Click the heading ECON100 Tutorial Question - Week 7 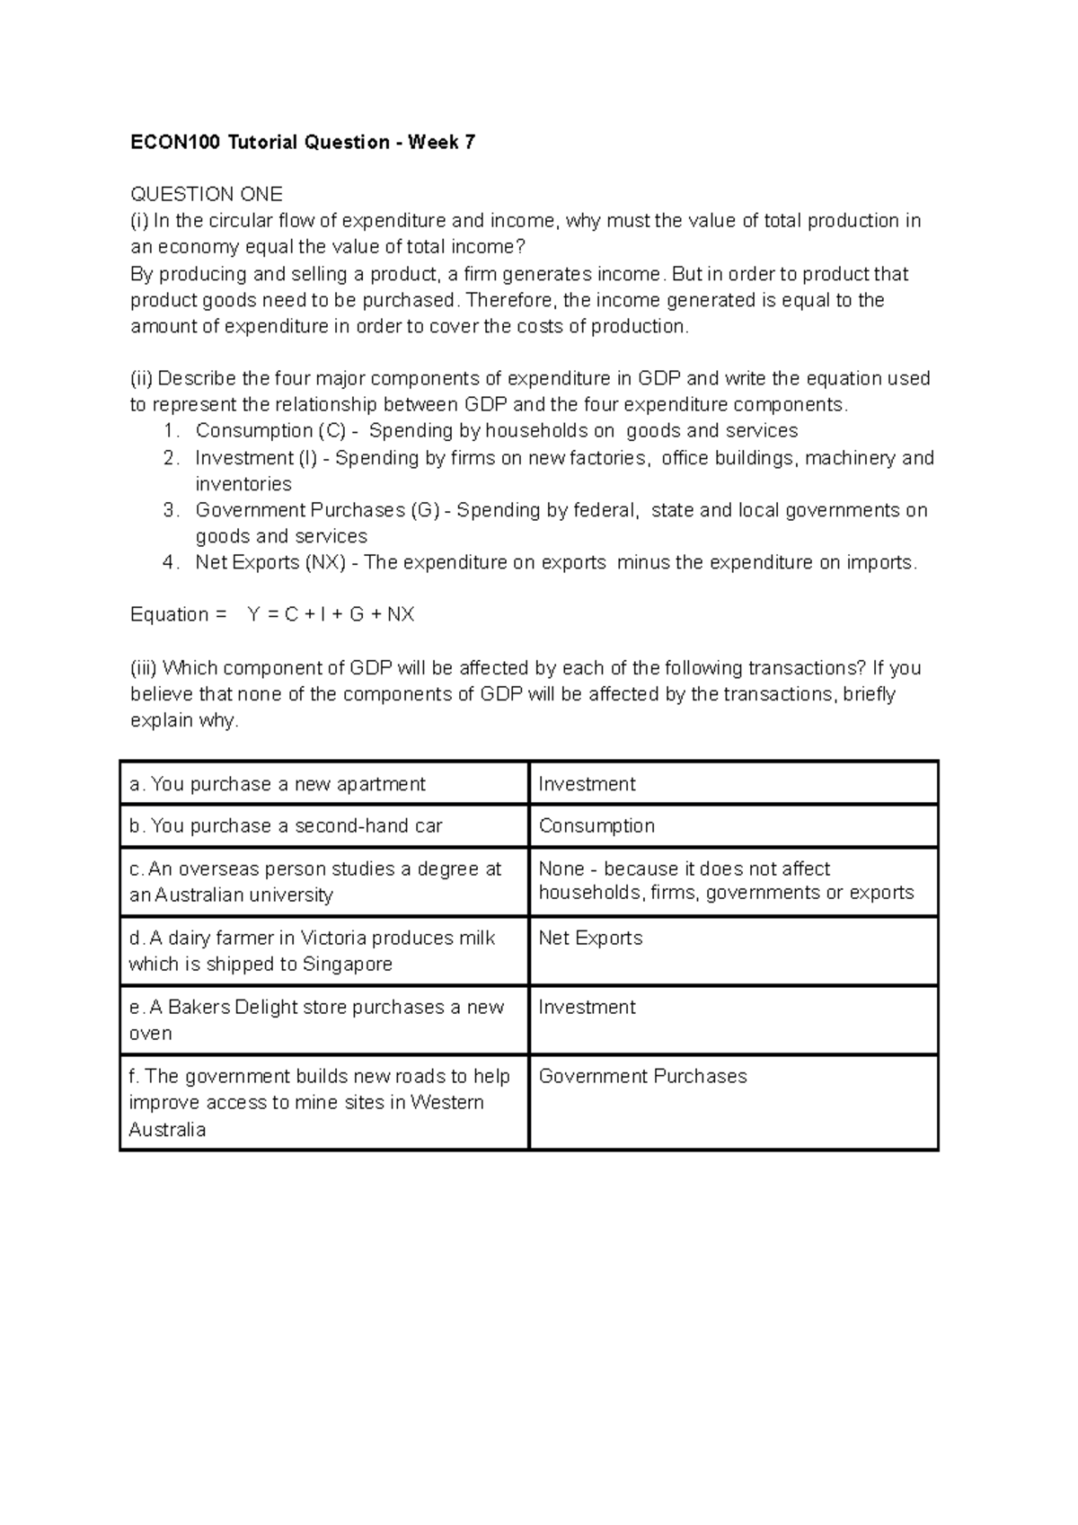click(303, 142)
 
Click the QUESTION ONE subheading click(207, 194)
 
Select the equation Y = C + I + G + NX click(330, 615)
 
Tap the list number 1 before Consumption click(171, 431)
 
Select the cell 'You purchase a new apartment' click(277, 784)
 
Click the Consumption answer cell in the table click(596, 826)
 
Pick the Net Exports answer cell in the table click(590, 939)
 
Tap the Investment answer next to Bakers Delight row click(587, 1008)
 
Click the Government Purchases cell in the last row click(642, 1077)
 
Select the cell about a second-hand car click(286, 826)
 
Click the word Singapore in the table click(348, 965)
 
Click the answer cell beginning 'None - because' click(725, 881)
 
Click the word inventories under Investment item click(243, 484)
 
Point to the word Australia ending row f click(167, 1130)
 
